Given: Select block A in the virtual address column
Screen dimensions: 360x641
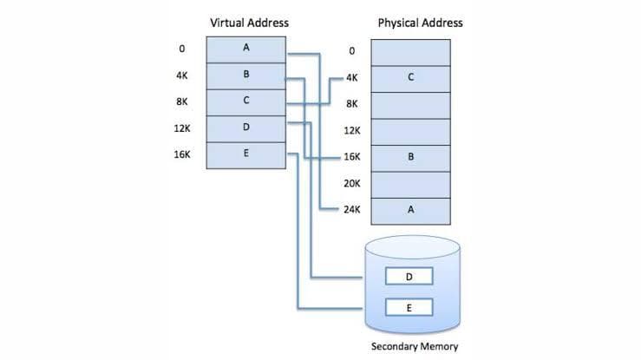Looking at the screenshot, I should pyautogui.click(x=246, y=49).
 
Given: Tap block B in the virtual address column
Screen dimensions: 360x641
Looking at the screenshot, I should pyautogui.click(x=246, y=75).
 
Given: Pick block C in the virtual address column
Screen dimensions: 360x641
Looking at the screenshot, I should pyautogui.click(x=246, y=101).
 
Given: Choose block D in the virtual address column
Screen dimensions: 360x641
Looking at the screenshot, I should pyautogui.click(x=246, y=128).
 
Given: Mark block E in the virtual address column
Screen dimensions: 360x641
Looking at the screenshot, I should pyautogui.click(x=246, y=154).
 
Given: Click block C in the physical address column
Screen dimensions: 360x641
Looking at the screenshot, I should pyautogui.click(x=410, y=77).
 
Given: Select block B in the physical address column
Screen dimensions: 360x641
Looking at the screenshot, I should pyautogui.click(x=410, y=158).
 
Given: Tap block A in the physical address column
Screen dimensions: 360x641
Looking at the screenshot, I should pyautogui.click(x=410, y=210).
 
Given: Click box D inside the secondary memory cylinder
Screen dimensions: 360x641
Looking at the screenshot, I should pyautogui.click(x=409, y=277).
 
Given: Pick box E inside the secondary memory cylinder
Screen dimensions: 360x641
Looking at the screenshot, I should pyautogui.click(x=409, y=307).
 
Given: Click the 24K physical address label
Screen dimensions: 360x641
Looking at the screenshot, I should pyautogui.click(x=351, y=210).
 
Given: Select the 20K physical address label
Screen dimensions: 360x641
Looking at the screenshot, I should pyautogui.click(x=351, y=184).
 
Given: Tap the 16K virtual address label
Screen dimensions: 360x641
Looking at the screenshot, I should pyautogui.click(x=182, y=154).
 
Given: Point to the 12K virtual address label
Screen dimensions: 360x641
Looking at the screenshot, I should pyautogui.click(x=182, y=128).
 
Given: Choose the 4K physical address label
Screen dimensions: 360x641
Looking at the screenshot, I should pyautogui.click(x=351, y=77).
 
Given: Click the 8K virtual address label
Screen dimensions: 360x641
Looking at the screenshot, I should pyautogui.click(x=182, y=101).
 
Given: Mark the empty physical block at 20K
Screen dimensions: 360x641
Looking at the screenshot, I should pyautogui.click(x=410, y=184).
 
